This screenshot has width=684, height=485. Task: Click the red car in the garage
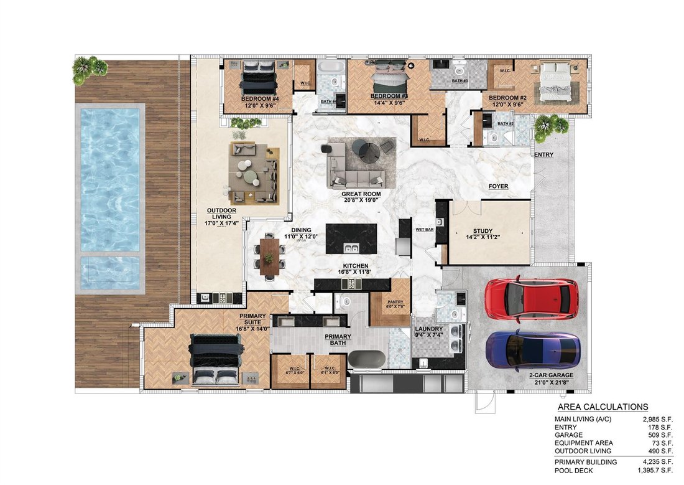[x=531, y=298]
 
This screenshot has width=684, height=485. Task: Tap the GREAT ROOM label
[x=361, y=194]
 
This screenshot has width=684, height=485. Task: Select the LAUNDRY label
[x=429, y=329]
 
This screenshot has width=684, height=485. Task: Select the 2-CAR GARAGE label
[x=550, y=375]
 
